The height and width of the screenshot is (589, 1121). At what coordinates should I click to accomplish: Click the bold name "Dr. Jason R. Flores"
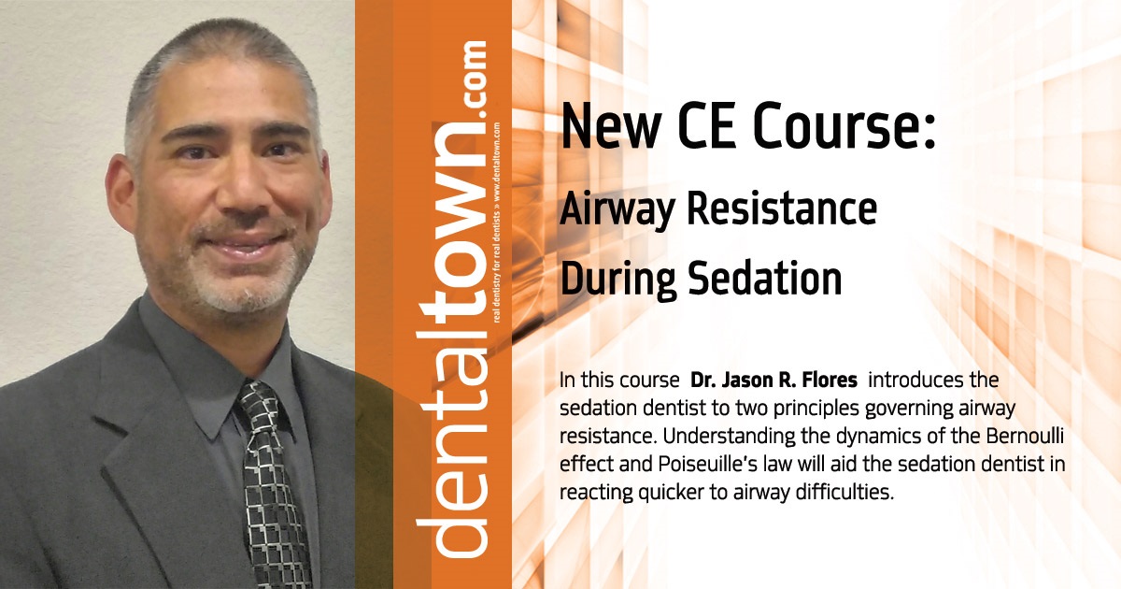tap(777, 381)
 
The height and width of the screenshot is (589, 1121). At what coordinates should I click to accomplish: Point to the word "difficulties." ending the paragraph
tap(842, 493)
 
